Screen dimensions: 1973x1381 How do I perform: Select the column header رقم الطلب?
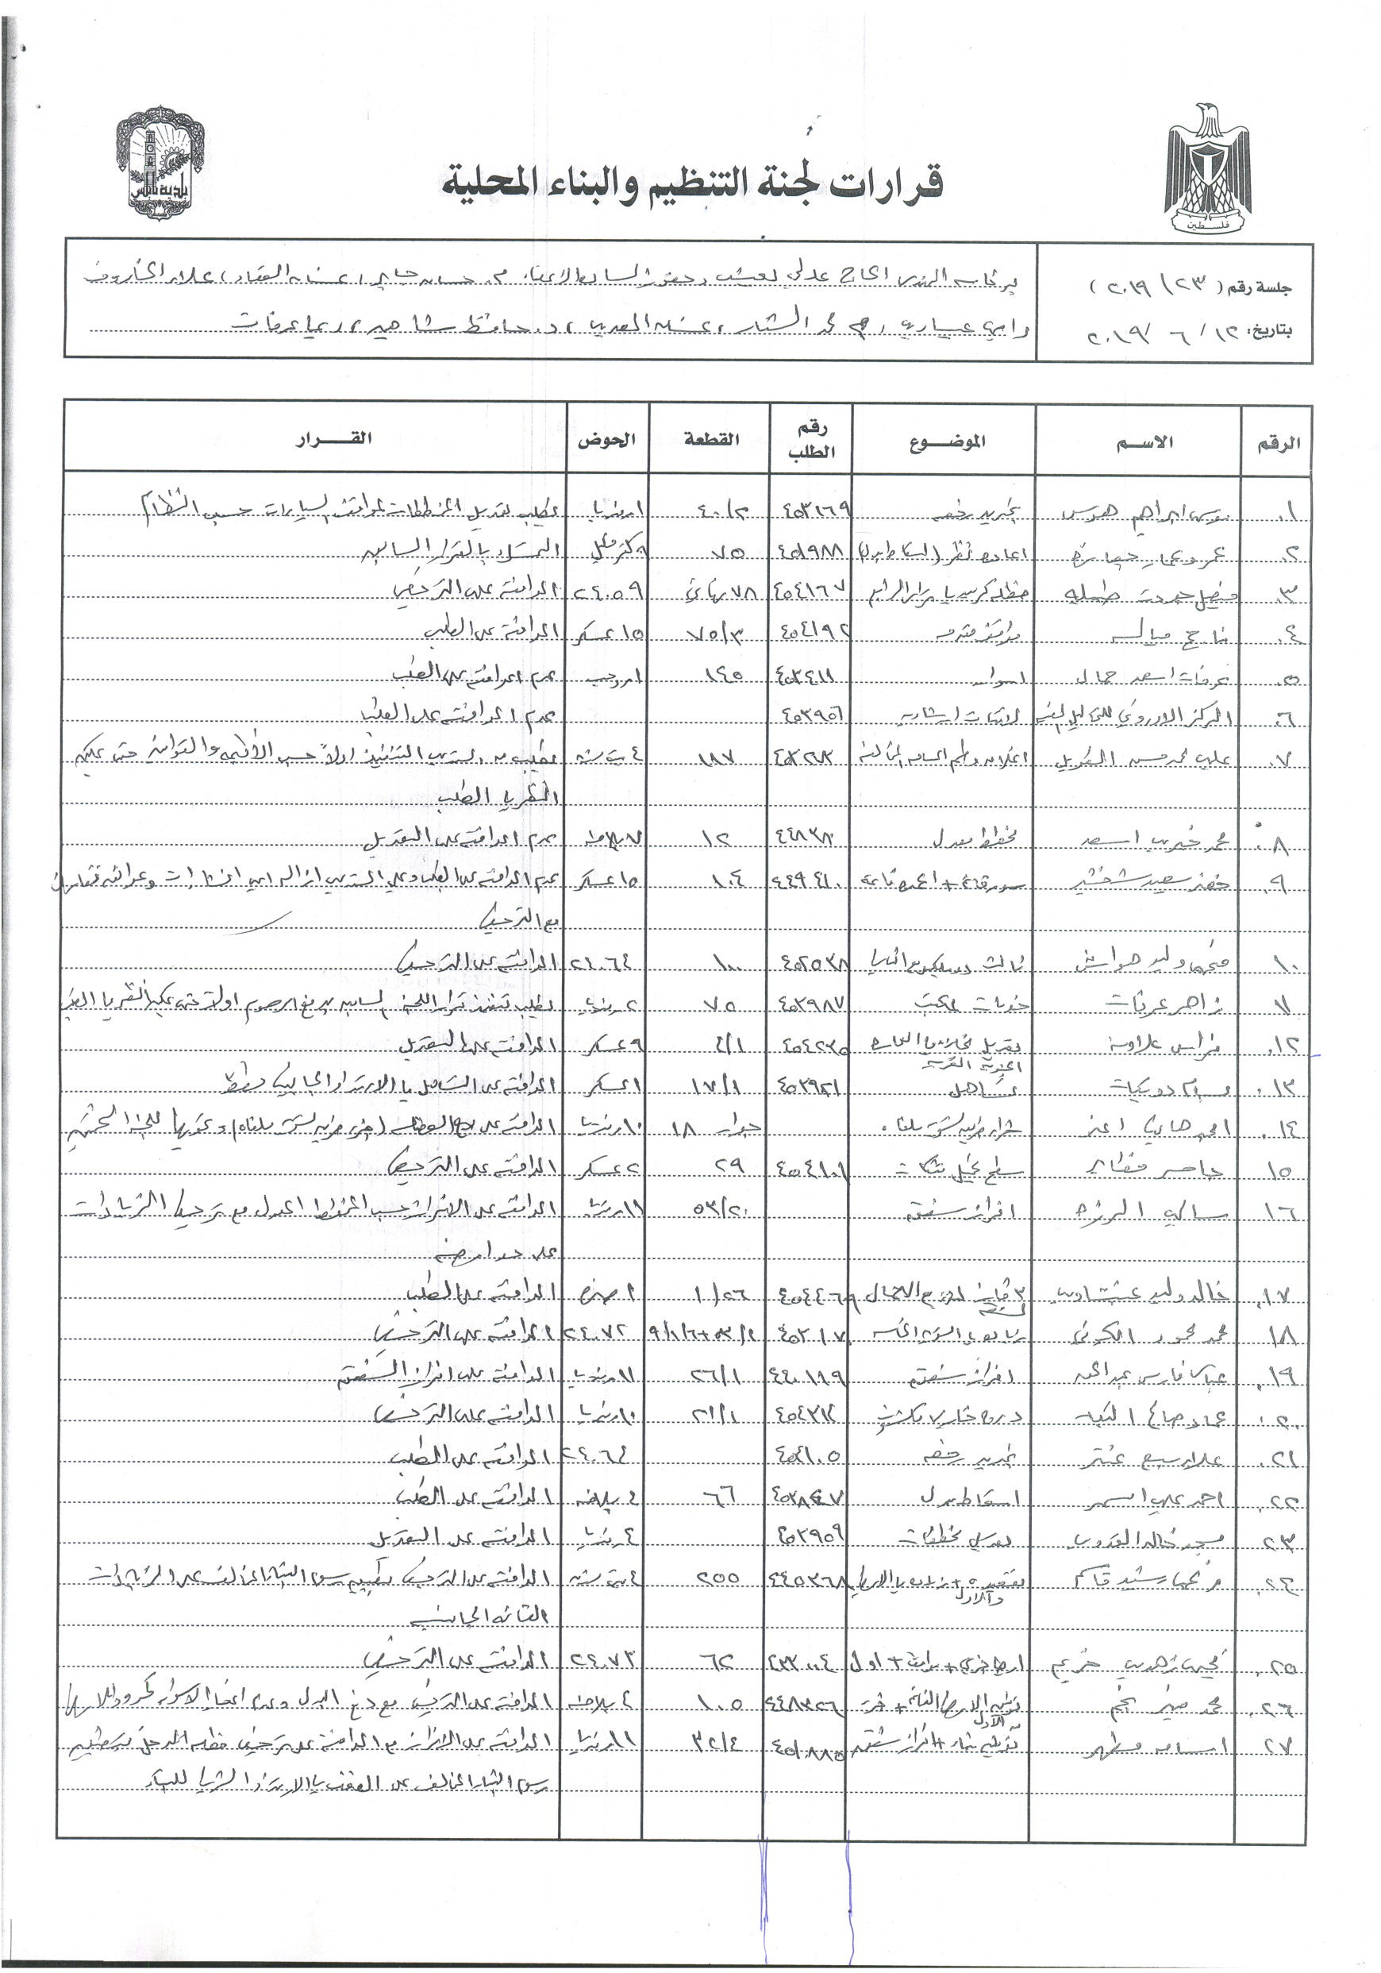click(810, 439)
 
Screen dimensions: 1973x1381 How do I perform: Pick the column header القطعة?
click(711, 439)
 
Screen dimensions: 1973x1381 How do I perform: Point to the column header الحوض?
click(606, 439)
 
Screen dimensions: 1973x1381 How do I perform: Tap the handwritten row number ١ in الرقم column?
click(1286, 513)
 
